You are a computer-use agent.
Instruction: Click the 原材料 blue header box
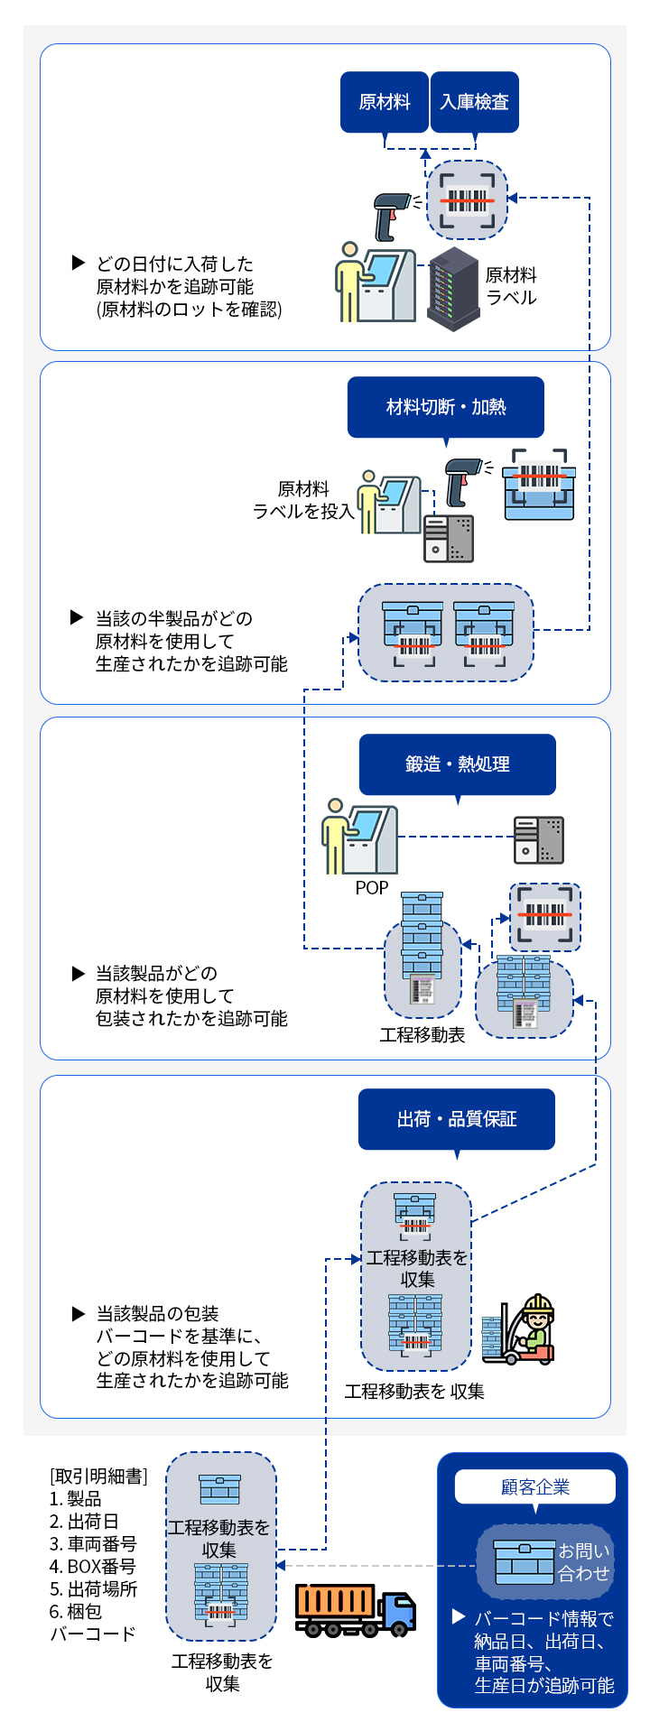[x=384, y=102]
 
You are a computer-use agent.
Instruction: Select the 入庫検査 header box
[x=475, y=102]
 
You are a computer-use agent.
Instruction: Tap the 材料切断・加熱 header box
[x=446, y=407]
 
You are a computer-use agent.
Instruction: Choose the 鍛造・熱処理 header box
[x=458, y=764]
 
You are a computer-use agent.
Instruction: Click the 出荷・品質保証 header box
[x=457, y=1119]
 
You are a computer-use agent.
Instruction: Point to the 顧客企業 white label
[x=535, y=1486]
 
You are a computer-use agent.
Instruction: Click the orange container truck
[x=356, y=1610]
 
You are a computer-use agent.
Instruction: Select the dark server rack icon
[x=453, y=289]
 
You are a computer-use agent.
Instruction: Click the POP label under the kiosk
[x=372, y=888]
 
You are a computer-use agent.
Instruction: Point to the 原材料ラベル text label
[x=511, y=286]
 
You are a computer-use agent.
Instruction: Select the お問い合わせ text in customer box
[x=584, y=1562]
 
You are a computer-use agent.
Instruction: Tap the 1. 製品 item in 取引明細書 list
[x=76, y=1499]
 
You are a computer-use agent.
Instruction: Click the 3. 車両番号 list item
[x=93, y=1544]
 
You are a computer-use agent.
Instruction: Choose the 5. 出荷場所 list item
[x=93, y=1589]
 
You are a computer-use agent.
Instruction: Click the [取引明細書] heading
[x=98, y=1476]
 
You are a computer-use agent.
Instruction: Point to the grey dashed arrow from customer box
[x=376, y=1565]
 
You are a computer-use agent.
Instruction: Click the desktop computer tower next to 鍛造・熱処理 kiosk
[x=539, y=840]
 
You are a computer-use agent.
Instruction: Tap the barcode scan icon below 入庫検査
[x=467, y=200]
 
